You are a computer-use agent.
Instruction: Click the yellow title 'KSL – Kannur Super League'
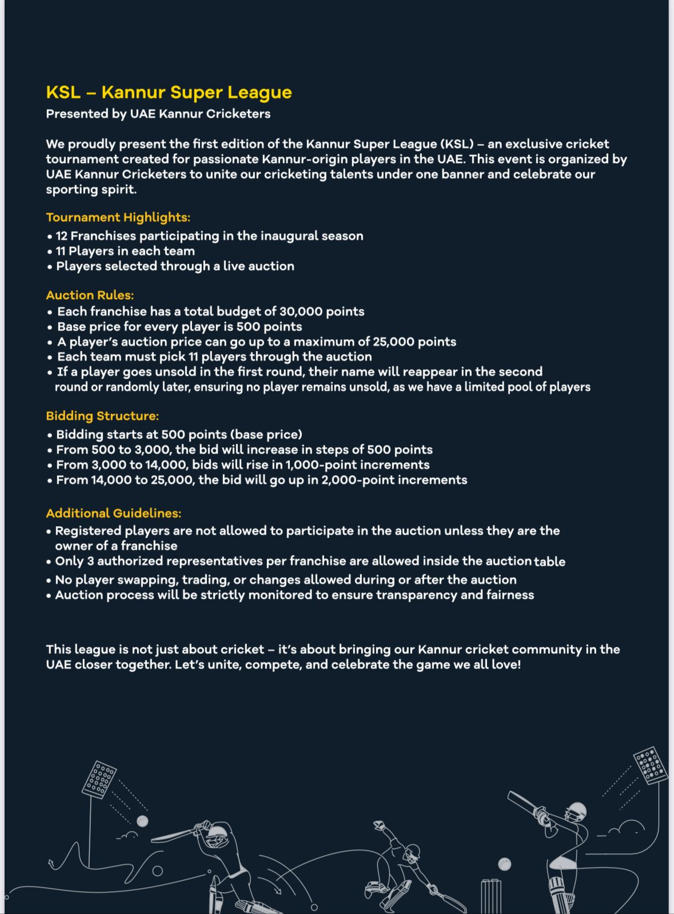(x=169, y=92)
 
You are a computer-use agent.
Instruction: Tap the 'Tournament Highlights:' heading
(x=118, y=217)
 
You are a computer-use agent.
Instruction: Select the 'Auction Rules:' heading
(x=90, y=295)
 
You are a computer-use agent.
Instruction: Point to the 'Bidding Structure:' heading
(x=102, y=416)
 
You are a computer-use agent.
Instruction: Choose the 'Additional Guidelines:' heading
(x=113, y=513)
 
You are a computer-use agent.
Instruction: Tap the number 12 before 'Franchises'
(x=62, y=236)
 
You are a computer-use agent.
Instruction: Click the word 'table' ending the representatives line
(x=549, y=562)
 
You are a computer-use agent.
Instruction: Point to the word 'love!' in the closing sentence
(x=506, y=665)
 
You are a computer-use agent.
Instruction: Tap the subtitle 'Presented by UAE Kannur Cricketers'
(x=158, y=113)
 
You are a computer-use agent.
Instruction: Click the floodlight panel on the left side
(x=99, y=780)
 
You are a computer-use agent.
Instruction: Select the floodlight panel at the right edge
(x=651, y=765)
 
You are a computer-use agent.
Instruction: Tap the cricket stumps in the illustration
(x=490, y=896)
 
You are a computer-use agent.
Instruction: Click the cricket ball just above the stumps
(x=504, y=864)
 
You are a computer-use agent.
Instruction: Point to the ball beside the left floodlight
(x=142, y=821)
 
